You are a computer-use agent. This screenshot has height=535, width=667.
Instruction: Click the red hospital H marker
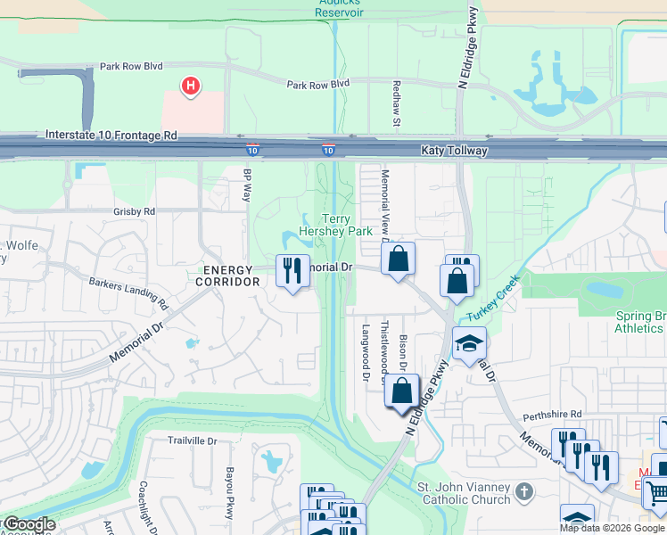[x=190, y=86]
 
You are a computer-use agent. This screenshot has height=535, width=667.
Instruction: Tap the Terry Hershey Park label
[x=334, y=225]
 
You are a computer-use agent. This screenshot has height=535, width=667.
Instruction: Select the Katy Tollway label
[x=455, y=151]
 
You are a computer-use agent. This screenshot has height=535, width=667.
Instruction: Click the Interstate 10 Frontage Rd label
[x=111, y=136]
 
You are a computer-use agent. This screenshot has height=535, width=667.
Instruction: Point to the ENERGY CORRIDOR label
[x=231, y=276]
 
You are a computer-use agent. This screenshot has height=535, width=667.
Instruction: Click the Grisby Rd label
[x=135, y=212]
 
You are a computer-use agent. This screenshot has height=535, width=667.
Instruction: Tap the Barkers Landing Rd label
[x=128, y=291]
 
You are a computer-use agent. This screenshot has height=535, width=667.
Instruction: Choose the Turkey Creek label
[x=489, y=298]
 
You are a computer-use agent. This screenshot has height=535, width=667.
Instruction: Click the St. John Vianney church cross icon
[x=525, y=490]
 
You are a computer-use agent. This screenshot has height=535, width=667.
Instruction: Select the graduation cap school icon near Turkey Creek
[x=469, y=344]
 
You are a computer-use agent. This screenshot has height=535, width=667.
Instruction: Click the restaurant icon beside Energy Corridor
[x=292, y=269]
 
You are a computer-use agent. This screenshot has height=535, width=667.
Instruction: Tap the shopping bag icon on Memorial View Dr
[x=399, y=259]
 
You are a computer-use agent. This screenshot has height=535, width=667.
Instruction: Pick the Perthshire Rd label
[x=552, y=415]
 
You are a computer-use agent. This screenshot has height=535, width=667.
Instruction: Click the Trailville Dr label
[x=194, y=440]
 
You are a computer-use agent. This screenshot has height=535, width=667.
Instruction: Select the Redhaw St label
[x=398, y=102]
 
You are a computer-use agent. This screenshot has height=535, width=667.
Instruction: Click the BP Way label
[x=248, y=185]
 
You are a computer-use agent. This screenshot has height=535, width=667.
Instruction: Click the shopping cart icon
[x=656, y=491]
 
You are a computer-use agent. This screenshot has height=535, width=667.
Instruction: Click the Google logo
[x=29, y=524]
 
